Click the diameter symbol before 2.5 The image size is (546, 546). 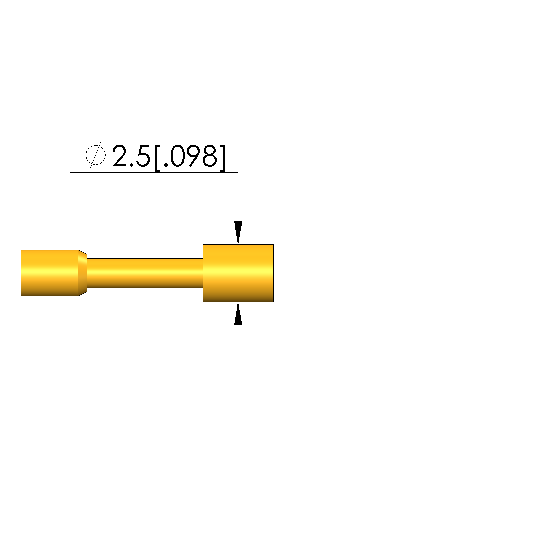pyautogui.click(x=95, y=155)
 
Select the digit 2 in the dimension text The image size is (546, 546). pyautogui.click(x=119, y=156)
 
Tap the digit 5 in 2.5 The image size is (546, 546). pyautogui.click(x=143, y=156)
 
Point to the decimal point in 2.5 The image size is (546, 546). pyautogui.click(x=131, y=165)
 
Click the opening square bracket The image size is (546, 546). pyautogui.click(x=158, y=158)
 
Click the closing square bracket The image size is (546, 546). pyautogui.click(x=222, y=158)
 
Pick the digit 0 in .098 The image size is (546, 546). pyautogui.click(x=177, y=156)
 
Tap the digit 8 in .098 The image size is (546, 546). pyautogui.click(x=210, y=156)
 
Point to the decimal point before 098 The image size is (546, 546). pyautogui.click(x=165, y=165)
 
